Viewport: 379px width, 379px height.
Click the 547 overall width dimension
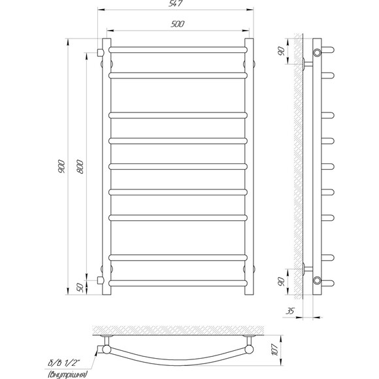[x=176, y=4]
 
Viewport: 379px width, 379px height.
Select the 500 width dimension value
[x=178, y=24]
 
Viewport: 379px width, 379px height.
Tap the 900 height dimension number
[x=61, y=166]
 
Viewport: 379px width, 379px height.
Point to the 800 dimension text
[x=80, y=167]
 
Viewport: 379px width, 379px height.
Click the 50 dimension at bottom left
[x=81, y=288]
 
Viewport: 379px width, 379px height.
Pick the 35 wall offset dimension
[x=290, y=311]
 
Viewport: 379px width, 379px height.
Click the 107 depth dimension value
[x=276, y=350]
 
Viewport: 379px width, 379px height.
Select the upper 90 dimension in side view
[x=282, y=51]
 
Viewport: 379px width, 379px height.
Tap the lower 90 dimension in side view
[x=282, y=282]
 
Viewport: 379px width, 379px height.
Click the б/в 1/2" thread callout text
[x=64, y=363]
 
